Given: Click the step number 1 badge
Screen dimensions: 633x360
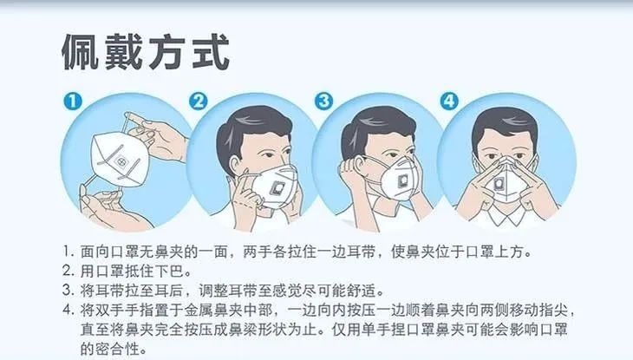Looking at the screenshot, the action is [73, 101].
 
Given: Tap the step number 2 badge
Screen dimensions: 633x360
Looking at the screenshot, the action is [199, 101].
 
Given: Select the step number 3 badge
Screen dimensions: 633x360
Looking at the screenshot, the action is [323, 101].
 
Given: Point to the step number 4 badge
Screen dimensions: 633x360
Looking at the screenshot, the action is [449, 101].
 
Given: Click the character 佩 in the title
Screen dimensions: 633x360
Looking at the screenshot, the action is [81, 53].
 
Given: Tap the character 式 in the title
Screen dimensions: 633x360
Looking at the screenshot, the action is [211, 53].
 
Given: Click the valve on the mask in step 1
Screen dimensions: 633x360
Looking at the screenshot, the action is [121, 162].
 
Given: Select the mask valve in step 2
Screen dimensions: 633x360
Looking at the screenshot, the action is [277, 187].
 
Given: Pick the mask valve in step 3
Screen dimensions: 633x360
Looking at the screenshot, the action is [403, 181].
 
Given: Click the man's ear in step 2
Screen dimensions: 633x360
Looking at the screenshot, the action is [235, 165].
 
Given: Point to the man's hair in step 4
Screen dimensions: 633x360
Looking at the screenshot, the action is [505, 125].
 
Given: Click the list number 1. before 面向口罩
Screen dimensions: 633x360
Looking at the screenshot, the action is [69, 252].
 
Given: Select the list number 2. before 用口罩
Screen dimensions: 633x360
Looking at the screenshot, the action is [69, 271].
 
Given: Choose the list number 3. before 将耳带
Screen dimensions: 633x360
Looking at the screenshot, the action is [69, 290].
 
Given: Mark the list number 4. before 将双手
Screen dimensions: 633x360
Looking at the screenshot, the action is [69, 310].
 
